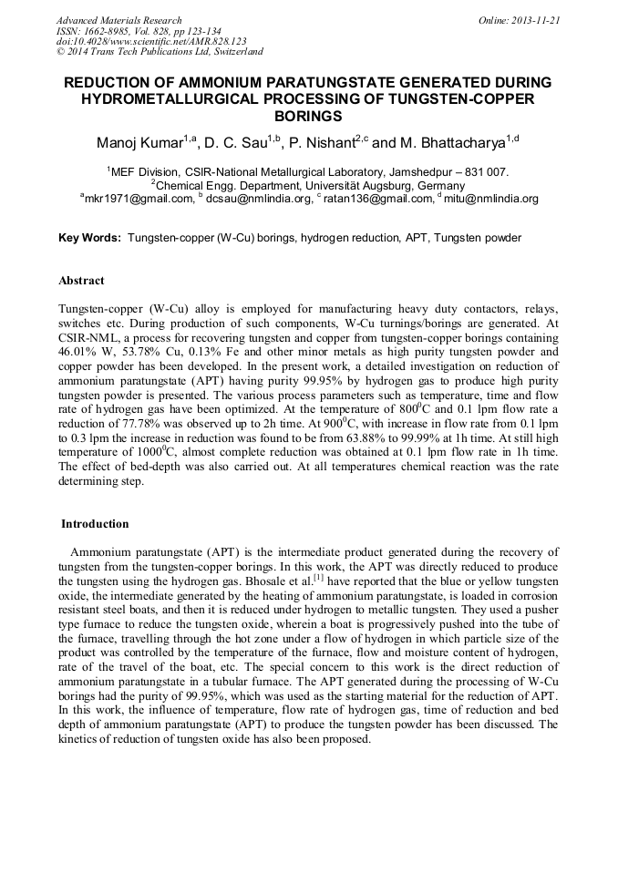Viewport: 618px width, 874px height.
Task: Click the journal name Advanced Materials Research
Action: pos(118,20)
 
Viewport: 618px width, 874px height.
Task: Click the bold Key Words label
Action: pos(89,238)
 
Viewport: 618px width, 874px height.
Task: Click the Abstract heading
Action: pos(81,281)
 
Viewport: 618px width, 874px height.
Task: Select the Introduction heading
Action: pos(95,524)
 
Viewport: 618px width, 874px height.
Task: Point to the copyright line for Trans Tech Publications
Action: pos(160,53)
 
